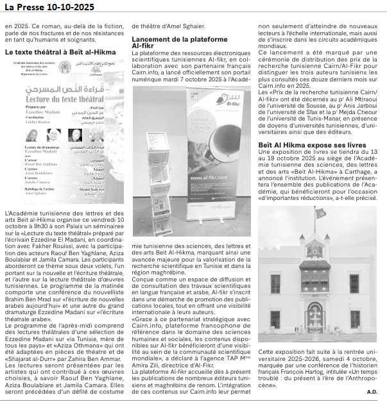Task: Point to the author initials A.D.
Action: point(372,390)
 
